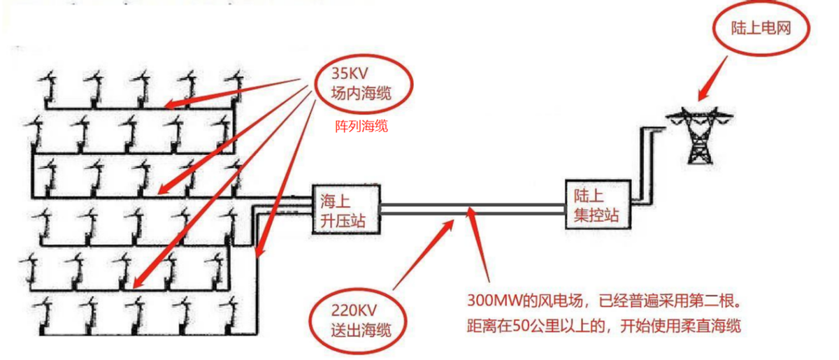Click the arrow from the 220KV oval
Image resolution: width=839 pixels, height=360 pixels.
pos(420,252)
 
